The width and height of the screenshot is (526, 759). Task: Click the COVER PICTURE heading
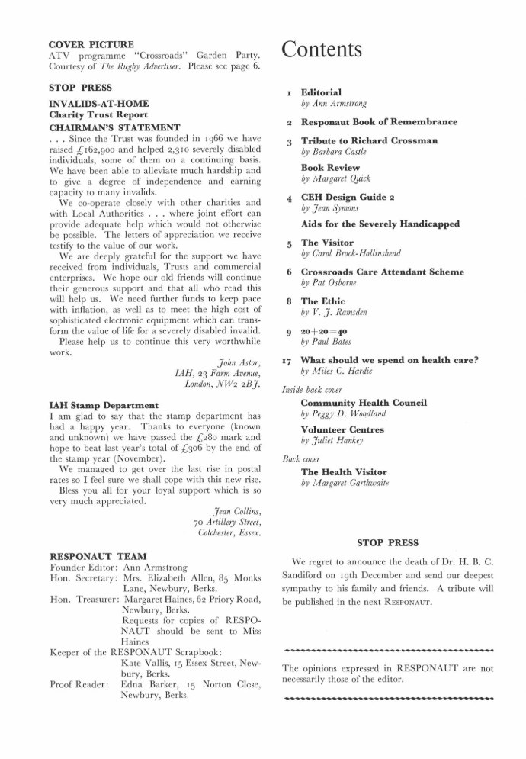point(91,44)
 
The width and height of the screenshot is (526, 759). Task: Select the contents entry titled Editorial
point(321,92)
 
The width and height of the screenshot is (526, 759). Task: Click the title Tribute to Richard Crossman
point(369,141)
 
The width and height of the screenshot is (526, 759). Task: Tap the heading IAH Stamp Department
point(104,404)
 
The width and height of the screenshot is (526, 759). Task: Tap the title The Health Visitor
point(339,472)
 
